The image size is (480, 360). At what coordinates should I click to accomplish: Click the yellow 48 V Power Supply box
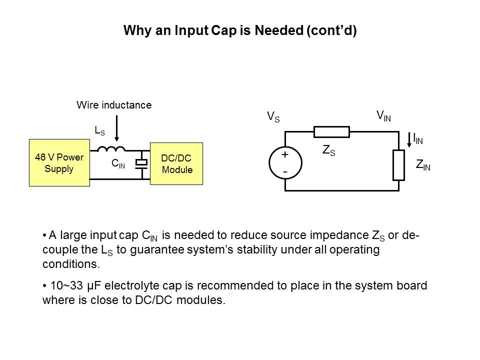coord(59,163)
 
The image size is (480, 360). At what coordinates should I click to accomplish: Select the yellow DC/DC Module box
coord(176,164)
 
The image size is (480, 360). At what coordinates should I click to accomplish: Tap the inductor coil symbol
coord(110,148)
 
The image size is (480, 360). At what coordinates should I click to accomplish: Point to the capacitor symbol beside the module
coord(143,163)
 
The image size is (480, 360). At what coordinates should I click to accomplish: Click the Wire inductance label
coord(113,105)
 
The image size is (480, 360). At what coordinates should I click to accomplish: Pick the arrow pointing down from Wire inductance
coord(116,129)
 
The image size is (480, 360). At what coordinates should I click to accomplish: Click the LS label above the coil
coord(99,130)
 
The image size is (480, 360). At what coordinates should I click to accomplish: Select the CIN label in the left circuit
coord(118,163)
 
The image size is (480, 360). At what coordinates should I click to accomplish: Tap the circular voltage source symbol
coord(285,162)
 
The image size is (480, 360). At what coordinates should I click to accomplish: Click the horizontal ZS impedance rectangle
coord(331,132)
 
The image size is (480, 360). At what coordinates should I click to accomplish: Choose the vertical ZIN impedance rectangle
coord(398,165)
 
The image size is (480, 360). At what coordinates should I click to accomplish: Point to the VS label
coord(273,117)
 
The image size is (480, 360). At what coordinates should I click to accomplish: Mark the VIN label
coord(383,116)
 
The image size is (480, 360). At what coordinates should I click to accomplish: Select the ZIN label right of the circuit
coord(423,164)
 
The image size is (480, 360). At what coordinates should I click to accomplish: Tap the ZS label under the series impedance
coord(328,150)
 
